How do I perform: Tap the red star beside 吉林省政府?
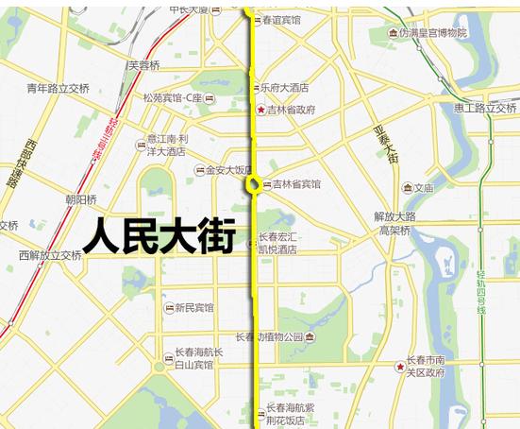[261, 111]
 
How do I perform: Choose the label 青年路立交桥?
[59, 89]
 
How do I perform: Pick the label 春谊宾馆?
[282, 20]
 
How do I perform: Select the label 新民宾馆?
[193, 308]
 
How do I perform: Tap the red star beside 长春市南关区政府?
[400, 366]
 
